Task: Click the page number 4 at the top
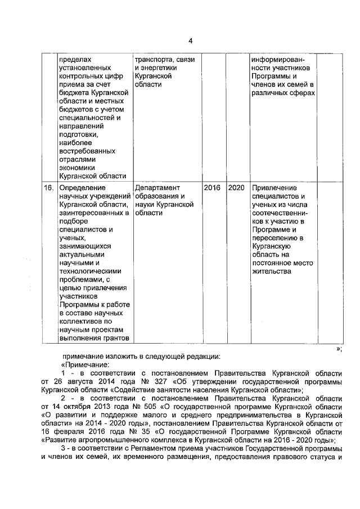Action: pos(190,40)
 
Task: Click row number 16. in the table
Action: pos(49,187)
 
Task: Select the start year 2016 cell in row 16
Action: pos(212,187)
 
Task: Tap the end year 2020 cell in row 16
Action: pos(236,187)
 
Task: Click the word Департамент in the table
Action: pos(157,187)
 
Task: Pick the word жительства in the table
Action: pos(272,271)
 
